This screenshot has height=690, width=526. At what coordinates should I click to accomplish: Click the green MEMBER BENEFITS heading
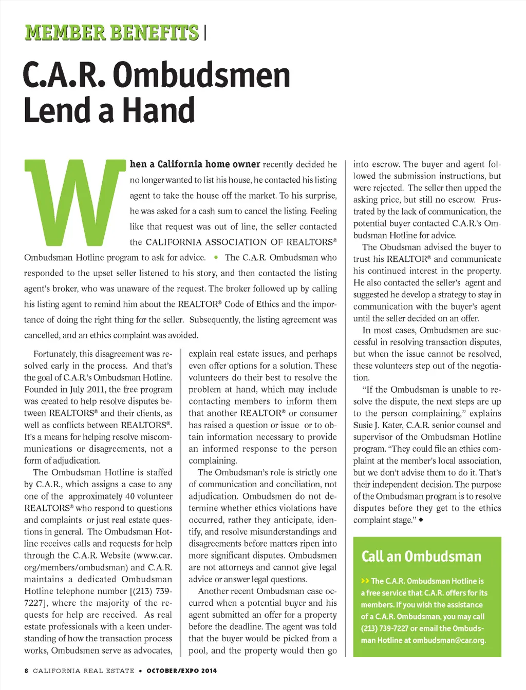coord(111,33)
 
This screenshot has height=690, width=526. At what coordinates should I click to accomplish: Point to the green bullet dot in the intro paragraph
coord(216,257)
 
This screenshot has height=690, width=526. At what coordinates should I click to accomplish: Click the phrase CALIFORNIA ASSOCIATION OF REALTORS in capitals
coord(239,242)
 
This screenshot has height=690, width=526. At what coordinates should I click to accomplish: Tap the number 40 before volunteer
coord(130,496)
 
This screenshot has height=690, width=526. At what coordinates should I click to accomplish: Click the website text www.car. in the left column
coord(153,555)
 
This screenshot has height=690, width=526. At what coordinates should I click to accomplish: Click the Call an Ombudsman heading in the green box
coord(421,557)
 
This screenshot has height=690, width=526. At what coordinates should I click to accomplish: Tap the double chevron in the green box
coord(365,581)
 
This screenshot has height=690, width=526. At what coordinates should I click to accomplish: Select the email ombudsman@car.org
coord(449,640)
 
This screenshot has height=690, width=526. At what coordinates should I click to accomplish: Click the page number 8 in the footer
coord(26,670)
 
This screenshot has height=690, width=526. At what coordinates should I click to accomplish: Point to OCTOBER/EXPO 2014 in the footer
coord(181,670)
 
